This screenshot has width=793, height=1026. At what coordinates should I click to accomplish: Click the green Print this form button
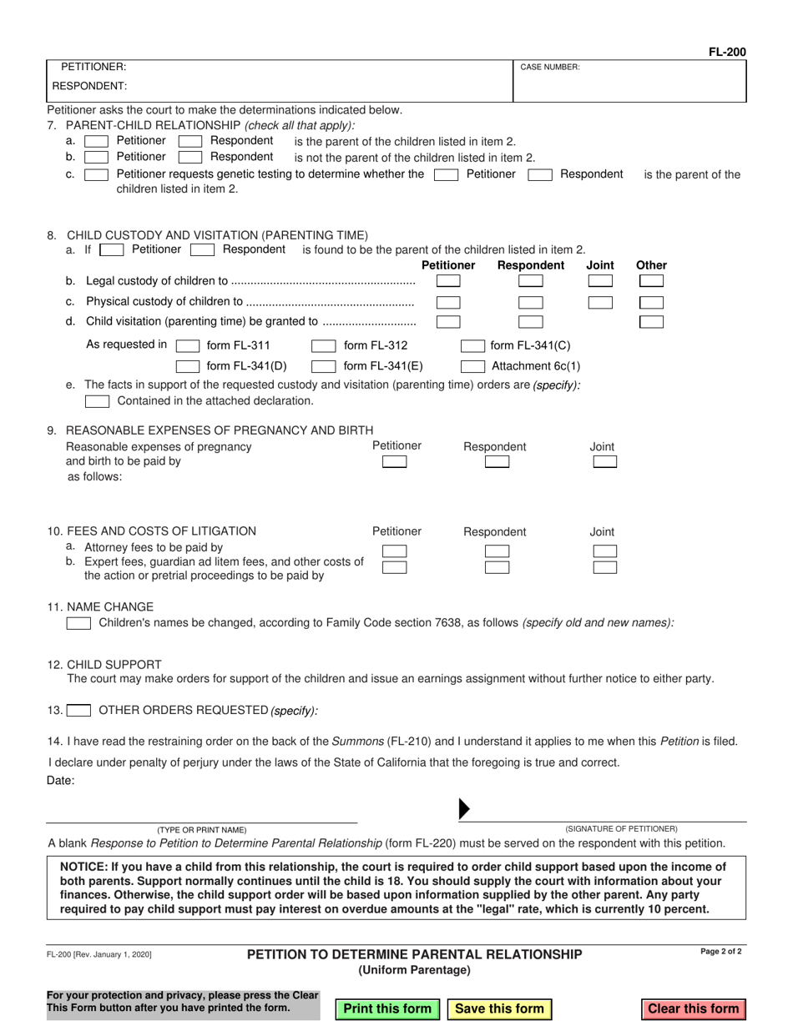pos(387,1008)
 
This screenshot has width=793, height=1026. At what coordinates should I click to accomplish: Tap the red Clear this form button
pos(694,1008)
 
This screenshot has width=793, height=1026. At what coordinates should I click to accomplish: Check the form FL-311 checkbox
pos(188,346)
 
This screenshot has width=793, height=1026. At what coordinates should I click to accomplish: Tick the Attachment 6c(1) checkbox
pos(473,366)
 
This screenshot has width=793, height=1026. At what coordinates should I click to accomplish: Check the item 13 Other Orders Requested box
pos(79,711)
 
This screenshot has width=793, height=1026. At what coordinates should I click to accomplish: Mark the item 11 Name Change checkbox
pos(78,623)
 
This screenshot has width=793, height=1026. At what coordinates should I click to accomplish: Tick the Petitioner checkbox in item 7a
pos(97,141)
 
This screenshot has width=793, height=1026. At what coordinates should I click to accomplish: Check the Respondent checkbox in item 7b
pos(190,157)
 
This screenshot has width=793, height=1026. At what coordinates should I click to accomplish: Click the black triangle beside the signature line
pos(465,808)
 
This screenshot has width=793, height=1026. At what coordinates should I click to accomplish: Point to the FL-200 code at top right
pos(727,52)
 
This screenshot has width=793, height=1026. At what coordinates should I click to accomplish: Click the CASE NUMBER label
pos(550,67)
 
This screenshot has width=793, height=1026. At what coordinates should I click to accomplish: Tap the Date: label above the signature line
pos(61,781)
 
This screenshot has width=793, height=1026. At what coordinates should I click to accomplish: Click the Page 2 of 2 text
pos(723,952)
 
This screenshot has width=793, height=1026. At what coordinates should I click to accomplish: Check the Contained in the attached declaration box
pos(97,401)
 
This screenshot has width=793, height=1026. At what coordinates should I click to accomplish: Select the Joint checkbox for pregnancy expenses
pos(604,461)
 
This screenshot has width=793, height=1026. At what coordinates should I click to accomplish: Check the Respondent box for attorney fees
pos(497,551)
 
